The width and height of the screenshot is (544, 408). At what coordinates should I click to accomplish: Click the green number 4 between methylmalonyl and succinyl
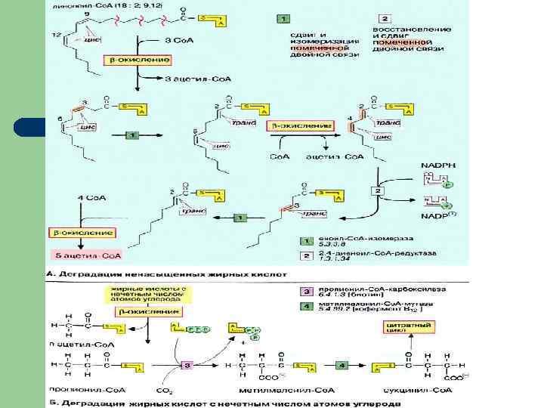click(x=342, y=365)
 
